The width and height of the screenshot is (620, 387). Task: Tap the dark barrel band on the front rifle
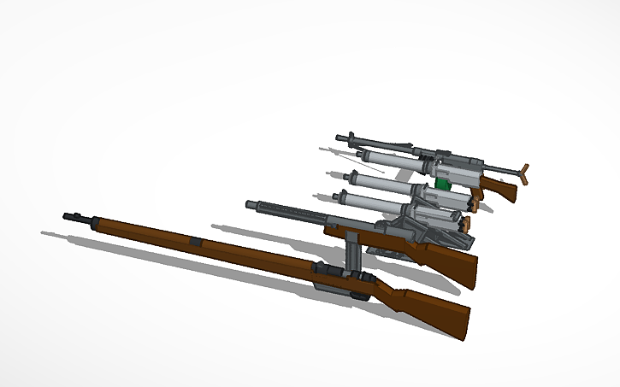[x=196, y=243]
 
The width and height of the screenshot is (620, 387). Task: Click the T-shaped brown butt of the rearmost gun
[x=523, y=173]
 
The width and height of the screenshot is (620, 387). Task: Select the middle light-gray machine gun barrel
[x=376, y=182]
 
